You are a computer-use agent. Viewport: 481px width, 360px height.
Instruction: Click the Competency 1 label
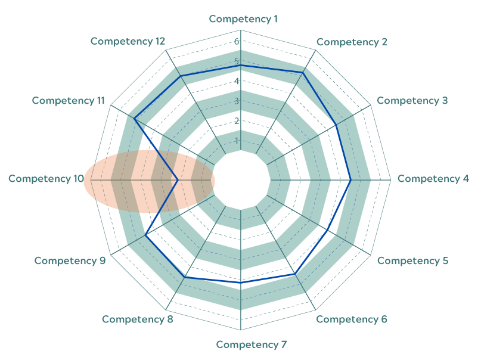[243, 19]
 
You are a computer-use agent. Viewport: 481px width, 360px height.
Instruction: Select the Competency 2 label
[352, 42]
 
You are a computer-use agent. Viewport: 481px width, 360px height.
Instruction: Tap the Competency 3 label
[412, 101]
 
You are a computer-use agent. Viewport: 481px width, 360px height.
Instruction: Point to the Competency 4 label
[433, 179]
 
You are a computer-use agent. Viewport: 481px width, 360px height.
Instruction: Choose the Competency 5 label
[412, 260]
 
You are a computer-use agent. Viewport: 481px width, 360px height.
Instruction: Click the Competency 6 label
[352, 319]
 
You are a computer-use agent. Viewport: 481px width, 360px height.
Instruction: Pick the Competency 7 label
[252, 345]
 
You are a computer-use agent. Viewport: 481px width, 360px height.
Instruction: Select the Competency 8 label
[138, 319]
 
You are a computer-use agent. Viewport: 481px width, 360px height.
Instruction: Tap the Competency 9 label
[70, 260]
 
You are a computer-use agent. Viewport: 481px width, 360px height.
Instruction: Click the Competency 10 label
[46, 178]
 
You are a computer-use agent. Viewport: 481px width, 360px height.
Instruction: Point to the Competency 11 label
[69, 101]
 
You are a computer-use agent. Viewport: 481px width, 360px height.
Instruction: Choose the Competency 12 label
[128, 41]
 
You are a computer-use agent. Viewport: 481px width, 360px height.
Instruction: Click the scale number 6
[237, 41]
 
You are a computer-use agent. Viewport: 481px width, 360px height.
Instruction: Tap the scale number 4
[237, 81]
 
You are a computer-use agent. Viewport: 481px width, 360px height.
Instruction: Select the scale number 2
[237, 121]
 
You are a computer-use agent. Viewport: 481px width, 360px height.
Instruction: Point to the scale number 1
[237, 141]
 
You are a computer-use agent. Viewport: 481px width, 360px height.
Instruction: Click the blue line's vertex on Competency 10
[178, 180]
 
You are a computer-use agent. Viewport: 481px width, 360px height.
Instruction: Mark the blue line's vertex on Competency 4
[350, 180]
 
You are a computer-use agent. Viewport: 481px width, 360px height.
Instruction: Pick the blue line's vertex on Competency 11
[134, 119]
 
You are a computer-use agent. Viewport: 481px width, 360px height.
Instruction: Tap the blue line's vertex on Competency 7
[241, 283]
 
